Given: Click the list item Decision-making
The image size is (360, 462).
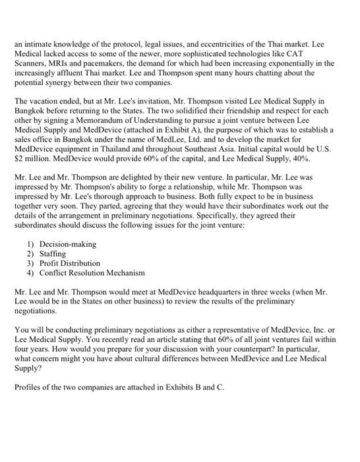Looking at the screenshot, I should pyautogui.click(x=68, y=244).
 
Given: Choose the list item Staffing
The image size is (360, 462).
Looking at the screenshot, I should pyautogui.click(x=53, y=253).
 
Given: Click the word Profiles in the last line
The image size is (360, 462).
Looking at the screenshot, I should pyautogui.click(x=28, y=387).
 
